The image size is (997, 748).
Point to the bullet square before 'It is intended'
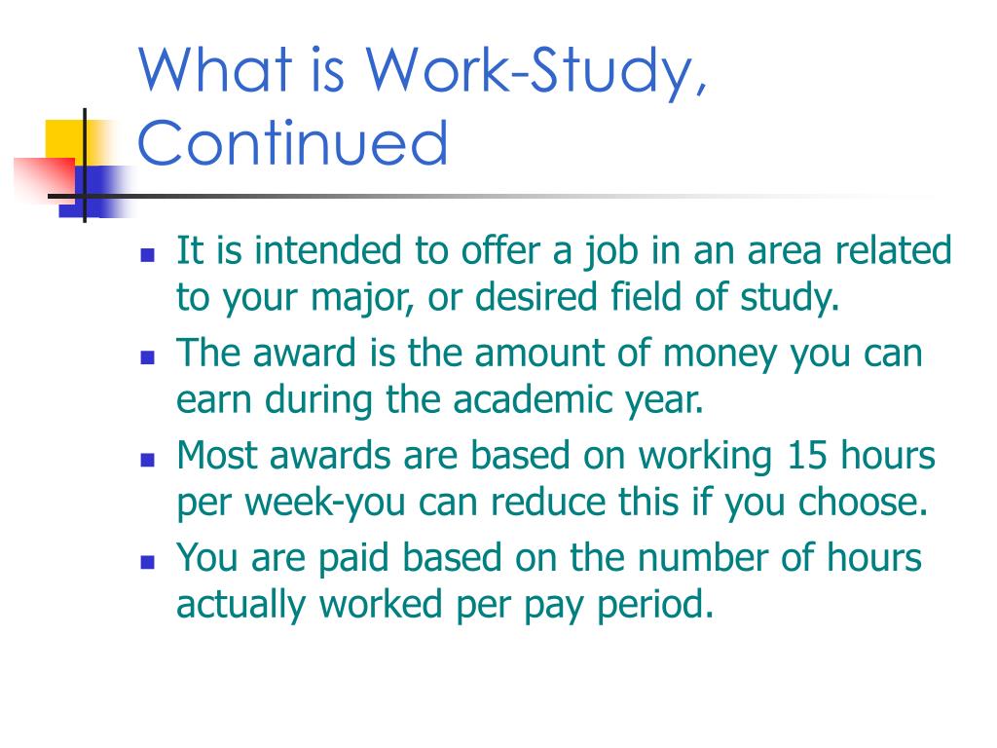(x=148, y=255)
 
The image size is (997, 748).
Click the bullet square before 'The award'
(x=148, y=356)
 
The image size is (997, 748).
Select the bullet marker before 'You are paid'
(x=148, y=562)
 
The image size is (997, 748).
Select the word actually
(x=242, y=605)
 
